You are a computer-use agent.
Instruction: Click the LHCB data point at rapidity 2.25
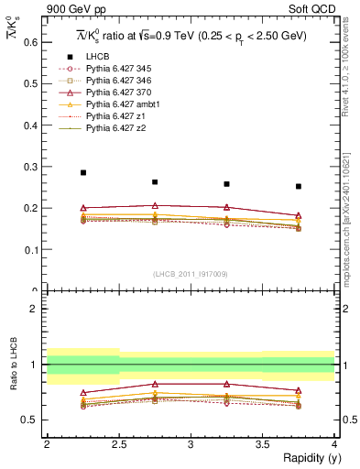click(83, 172)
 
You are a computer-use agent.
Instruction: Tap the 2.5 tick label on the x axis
click(119, 443)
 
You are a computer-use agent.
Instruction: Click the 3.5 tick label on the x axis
click(263, 443)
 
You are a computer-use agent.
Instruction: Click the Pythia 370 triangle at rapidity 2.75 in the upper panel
click(155, 205)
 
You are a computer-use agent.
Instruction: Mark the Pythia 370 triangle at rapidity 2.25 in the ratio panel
click(83, 392)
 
